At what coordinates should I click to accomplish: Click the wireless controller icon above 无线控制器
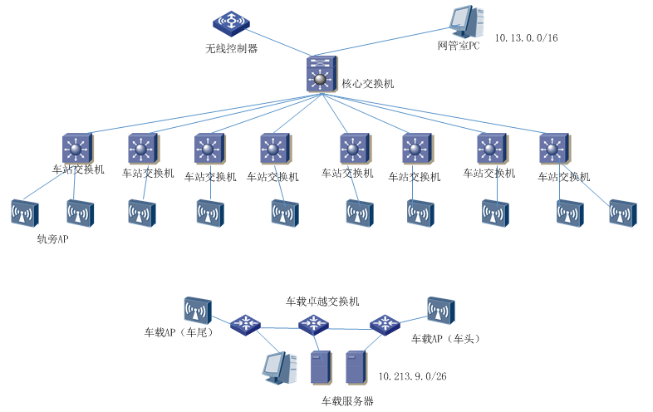(x=226, y=22)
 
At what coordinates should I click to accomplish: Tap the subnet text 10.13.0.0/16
(x=526, y=38)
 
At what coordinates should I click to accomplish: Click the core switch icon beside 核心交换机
(x=320, y=74)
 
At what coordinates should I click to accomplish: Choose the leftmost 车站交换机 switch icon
(x=77, y=149)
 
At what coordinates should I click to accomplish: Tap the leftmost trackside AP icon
(x=24, y=213)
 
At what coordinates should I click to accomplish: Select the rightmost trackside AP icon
(x=622, y=213)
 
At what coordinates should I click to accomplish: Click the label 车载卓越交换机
(x=322, y=301)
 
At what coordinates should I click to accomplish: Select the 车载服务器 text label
(x=347, y=401)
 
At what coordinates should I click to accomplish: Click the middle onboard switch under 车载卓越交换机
(x=313, y=324)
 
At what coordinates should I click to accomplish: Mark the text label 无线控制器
(x=232, y=48)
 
